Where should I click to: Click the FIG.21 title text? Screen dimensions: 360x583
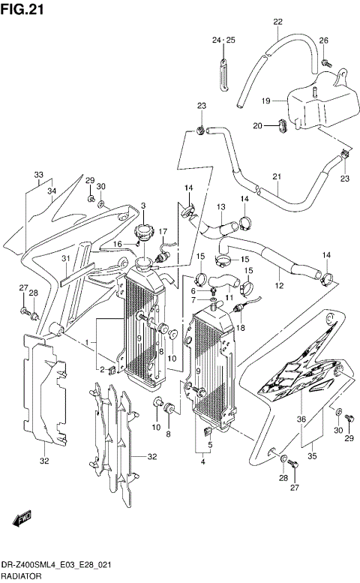[22, 9]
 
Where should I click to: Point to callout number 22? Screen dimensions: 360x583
[278, 22]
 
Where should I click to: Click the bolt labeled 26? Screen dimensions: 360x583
[326, 62]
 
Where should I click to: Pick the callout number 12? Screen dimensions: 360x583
[279, 286]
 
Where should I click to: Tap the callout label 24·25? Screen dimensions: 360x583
[223, 41]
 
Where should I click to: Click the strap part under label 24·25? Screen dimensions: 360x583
[223, 74]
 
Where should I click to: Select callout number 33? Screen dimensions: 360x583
[39, 174]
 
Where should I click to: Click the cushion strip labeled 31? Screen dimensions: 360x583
[77, 274]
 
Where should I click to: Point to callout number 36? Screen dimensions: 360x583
[301, 419]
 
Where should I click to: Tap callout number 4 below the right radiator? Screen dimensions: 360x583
[202, 461]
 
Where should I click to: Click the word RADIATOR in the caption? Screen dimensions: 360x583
[21, 577]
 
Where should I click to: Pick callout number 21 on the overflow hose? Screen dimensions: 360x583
[277, 177]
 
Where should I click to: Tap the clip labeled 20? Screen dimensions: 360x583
[282, 125]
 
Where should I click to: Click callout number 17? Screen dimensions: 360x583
[163, 232]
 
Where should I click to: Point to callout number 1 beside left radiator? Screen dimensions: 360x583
[86, 342]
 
